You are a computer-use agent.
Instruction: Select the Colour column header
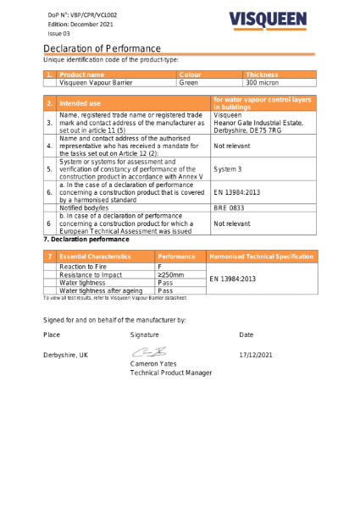point(191,75)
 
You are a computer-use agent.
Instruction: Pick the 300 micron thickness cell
point(262,83)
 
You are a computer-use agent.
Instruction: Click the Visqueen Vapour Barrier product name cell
point(96,83)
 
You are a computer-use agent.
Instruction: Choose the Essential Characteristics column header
point(95,255)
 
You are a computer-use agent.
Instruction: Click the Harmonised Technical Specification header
point(261,255)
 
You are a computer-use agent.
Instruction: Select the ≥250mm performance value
point(172,274)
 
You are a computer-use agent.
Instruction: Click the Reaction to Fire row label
point(83,266)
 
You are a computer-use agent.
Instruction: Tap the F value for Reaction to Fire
point(160,266)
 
